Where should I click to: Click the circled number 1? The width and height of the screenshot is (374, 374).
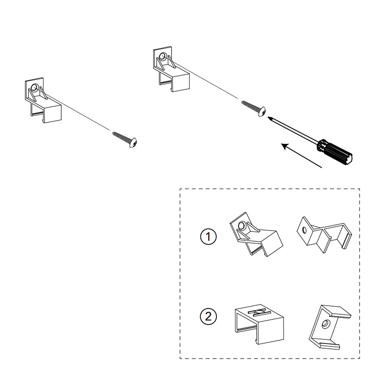pyautogui.click(x=208, y=237)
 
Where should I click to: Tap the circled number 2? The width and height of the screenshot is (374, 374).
pyautogui.click(x=208, y=316)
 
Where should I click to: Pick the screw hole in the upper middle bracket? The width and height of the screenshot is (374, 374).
pyautogui.click(x=162, y=57)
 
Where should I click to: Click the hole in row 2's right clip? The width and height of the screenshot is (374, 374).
pyautogui.click(x=325, y=324)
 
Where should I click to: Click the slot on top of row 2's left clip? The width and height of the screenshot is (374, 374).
pyautogui.click(x=258, y=311)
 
